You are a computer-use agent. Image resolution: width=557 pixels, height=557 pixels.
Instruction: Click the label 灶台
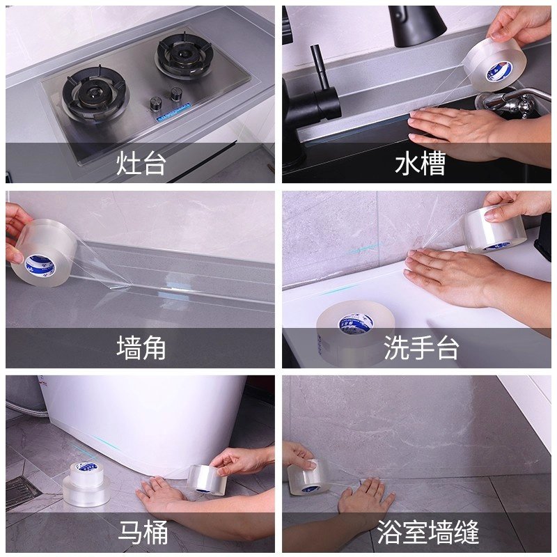141,164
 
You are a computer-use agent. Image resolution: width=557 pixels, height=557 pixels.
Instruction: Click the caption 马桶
141,533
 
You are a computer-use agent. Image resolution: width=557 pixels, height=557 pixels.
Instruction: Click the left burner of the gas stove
95,94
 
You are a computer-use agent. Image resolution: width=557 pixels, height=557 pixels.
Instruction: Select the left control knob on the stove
156,104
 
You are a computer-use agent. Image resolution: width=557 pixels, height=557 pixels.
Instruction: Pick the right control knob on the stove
177,93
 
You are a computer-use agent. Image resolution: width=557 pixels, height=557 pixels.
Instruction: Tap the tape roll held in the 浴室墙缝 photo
309,478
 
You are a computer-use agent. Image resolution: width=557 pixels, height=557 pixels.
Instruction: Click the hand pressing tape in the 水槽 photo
453,129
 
